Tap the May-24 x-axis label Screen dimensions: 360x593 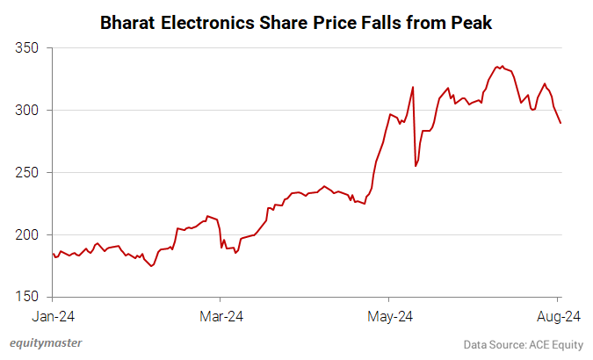coord(389,315)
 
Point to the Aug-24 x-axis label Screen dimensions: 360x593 coord(557,315)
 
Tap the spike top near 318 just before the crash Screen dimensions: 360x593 coord(413,87)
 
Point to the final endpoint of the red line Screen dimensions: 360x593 coord(560,123)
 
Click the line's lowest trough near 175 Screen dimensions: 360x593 coord(152,266)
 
